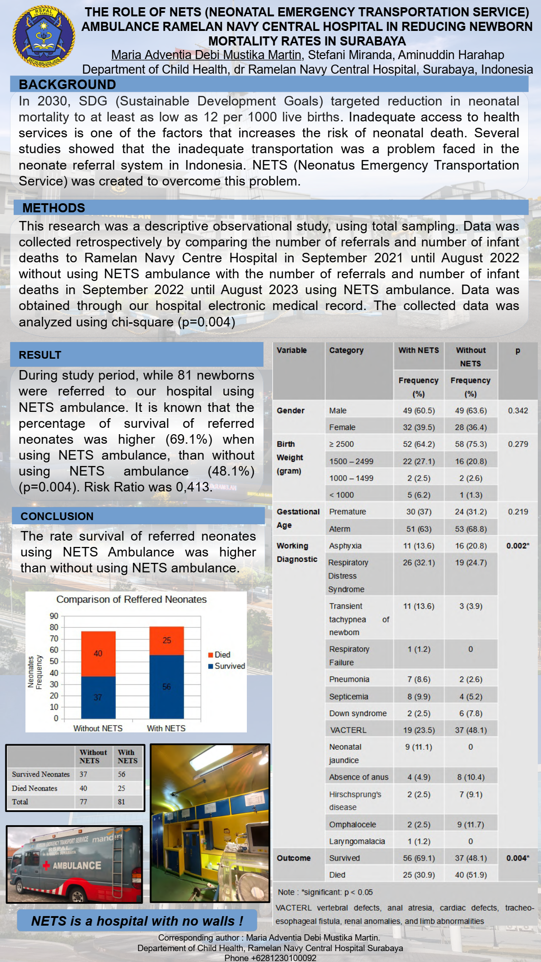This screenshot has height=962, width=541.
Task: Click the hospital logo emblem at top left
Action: tap(44, 36)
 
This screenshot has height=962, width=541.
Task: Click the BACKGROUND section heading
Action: tap(67, 85)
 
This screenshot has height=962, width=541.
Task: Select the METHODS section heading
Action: tap(54, 208)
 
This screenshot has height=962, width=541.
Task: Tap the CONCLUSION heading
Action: tap(57, 516)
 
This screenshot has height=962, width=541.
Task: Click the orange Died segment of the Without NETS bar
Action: tap(98, 653)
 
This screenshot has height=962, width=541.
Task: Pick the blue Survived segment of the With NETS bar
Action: tap(166, 686)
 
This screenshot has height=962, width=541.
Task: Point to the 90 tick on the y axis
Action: tap(54, 616)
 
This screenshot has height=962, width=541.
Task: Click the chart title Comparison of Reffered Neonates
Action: tap(131, 599)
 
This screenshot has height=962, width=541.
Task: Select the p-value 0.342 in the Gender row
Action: tap(518, 411)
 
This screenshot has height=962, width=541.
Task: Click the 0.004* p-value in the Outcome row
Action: tap(518, 858)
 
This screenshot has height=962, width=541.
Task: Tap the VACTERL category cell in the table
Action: tap(348, 730)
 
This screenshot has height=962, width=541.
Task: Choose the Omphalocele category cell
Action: tap(352, 824)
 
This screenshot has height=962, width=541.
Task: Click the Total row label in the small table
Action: tap(20, 802)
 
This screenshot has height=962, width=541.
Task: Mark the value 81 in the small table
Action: tap(121, 802)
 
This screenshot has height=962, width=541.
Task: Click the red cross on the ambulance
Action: tap(46, 866)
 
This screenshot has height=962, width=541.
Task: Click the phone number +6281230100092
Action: tap(270, 958)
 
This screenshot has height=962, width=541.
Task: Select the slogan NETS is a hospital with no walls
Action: tap(137, 921)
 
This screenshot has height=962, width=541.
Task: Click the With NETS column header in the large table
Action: tap(418, 350)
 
